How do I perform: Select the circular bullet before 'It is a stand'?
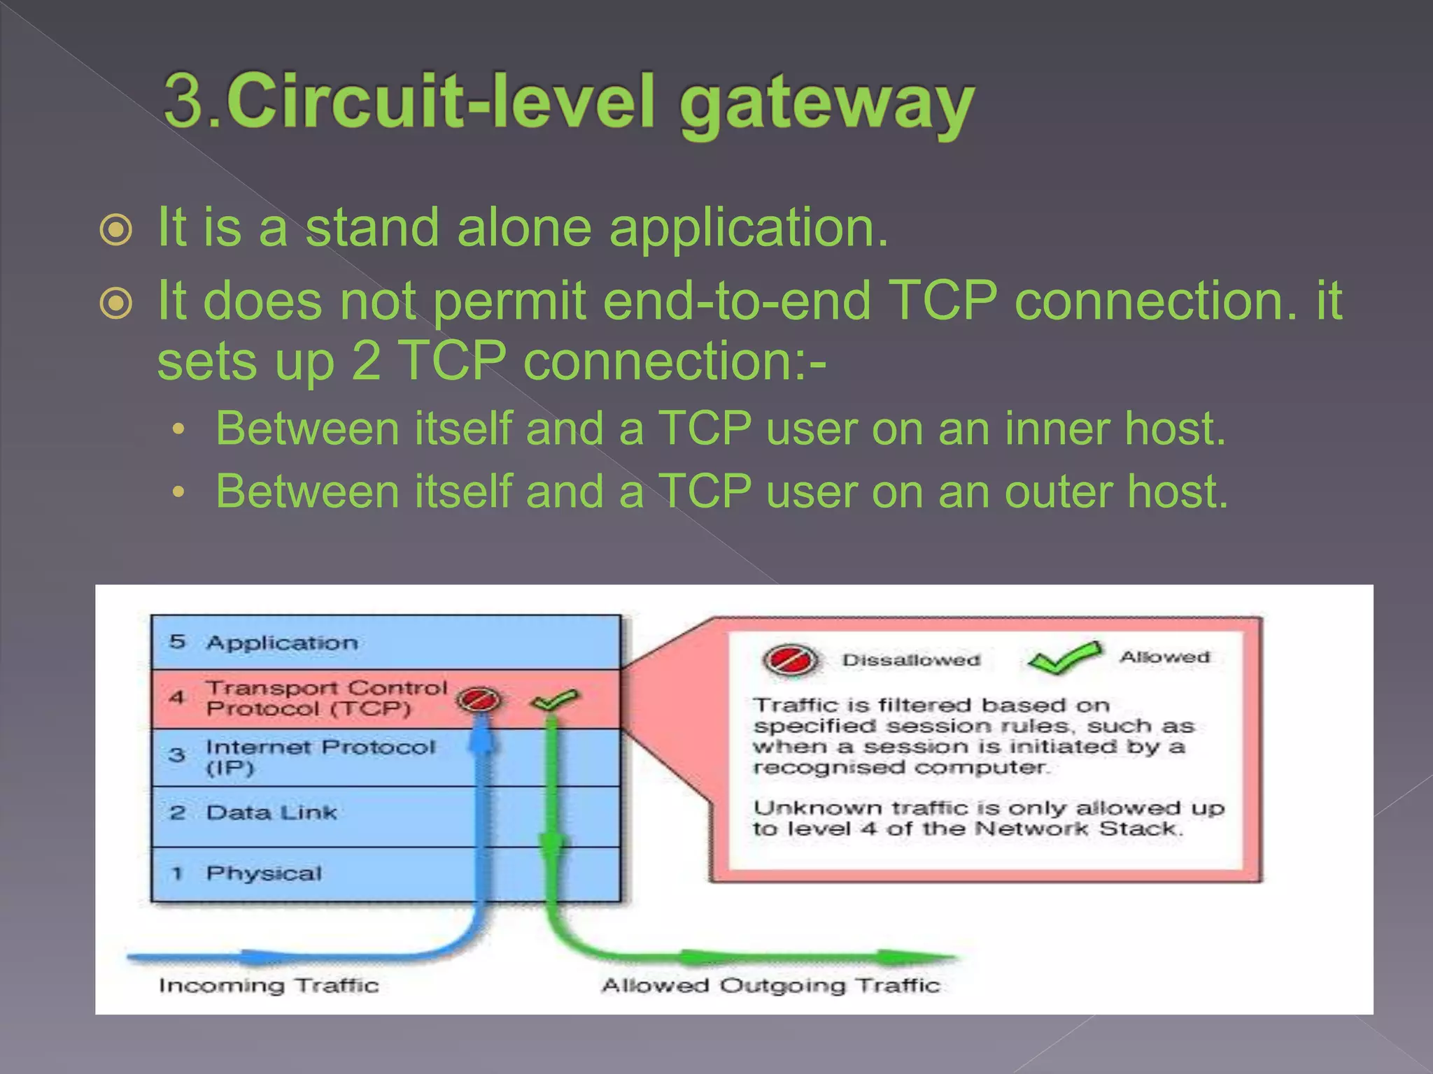click(116, 230)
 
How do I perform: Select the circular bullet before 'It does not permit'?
click(116, 303)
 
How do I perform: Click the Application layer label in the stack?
click(282, 643)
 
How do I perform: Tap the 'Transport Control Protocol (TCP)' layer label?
click(326, 698)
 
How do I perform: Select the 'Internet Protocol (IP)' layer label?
click(320, 757)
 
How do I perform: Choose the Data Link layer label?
click(271, 812)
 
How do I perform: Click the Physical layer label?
click(264, 873)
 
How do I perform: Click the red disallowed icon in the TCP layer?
click(478, 699)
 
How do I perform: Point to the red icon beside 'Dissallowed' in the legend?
click(790, 659)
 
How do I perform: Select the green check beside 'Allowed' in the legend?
click(1064, 658)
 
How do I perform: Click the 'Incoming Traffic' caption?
click(269, 985)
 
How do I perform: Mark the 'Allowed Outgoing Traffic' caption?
click(770, 985)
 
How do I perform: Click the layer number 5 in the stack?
click(177, 641)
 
